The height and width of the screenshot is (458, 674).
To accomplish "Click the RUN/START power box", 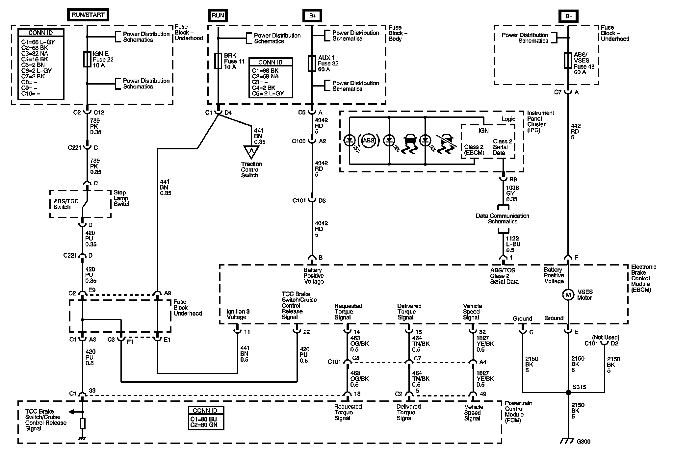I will click(x=88, y=15).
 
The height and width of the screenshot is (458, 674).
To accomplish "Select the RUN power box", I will click(x=218, y=15).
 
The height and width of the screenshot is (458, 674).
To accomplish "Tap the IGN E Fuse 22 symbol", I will click(x=87, y=59).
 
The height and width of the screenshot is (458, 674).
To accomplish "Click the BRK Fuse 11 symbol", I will click(x=218, y=61).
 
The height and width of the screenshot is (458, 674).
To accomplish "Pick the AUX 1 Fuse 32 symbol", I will click(x=312, y=64).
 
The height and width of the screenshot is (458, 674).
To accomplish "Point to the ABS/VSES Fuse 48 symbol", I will click(x=568, y=61).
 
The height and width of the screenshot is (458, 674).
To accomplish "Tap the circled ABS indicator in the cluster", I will click(x=368, y=140).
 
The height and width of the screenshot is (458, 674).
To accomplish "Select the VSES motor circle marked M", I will click(x=568, y=295).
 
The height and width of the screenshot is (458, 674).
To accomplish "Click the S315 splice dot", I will click(x=568, y=392).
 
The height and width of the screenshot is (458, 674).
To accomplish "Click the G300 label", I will click(x=583, y=442).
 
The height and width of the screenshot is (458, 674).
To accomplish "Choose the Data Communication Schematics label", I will click(x=503, y=218).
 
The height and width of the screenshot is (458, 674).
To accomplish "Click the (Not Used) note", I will click(x=606, y=337).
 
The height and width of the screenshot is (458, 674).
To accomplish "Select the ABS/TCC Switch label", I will click(x=66, y=204).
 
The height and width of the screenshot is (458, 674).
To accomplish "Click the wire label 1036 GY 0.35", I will click(x=512, y=193).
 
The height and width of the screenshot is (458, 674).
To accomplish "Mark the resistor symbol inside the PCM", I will click(x=83, y=423).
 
